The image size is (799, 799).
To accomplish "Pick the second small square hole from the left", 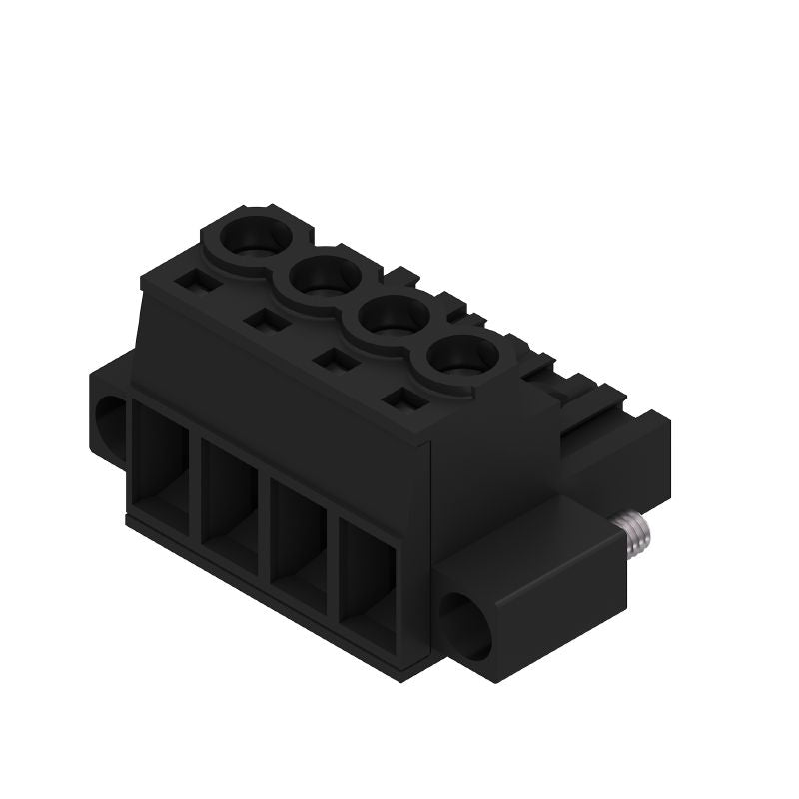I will click(x=266, y=321).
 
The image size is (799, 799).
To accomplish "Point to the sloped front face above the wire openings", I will click(x=280, y=380).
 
